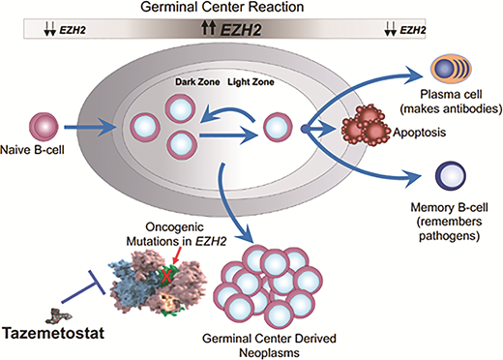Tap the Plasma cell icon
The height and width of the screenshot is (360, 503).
click(x=438, y=73)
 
